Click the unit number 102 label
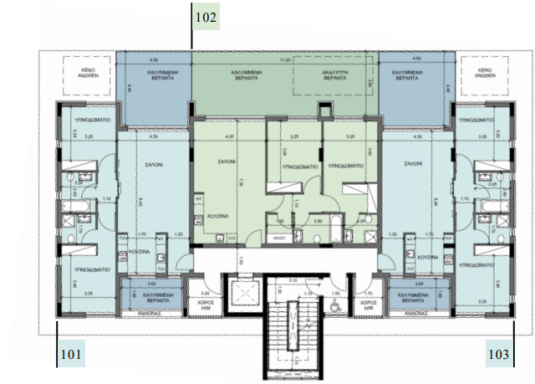[x=206, y=16]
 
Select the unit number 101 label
[x=72, y=355]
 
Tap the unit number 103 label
[x=498, y=355]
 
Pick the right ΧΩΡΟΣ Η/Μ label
[x=365, y=306]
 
